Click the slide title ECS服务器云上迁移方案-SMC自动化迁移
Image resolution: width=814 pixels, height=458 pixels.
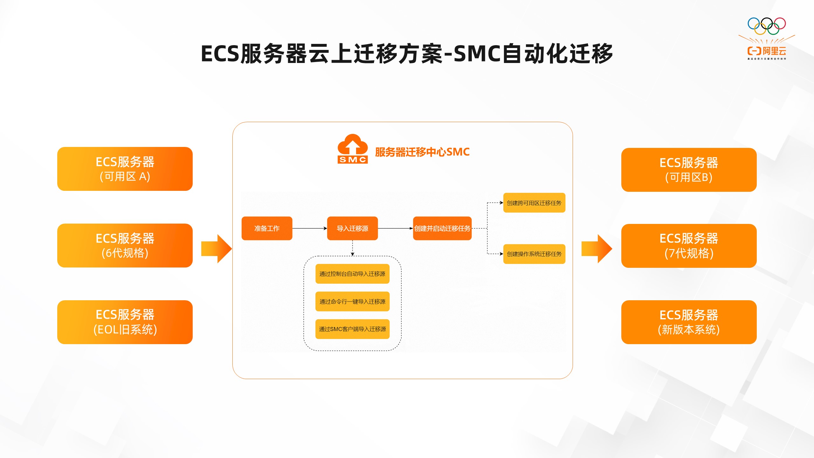tap(407, 54)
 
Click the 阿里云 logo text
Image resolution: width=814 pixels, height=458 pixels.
tap(774, 51)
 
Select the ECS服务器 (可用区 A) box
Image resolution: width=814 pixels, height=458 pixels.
tap(125, 169)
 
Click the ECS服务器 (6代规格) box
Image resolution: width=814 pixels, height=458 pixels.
tap(125, 246)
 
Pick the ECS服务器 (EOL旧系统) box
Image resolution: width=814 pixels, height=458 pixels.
tap(125, 322)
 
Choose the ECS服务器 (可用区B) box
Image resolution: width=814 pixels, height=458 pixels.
tap(689, 170)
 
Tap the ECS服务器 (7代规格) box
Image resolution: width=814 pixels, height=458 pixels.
tap(689, 246)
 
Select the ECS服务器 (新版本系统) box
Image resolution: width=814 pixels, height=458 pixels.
tap(689, 322)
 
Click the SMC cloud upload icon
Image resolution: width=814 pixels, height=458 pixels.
tap(353, 149)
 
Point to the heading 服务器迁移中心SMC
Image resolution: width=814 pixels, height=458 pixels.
tap(422, 152)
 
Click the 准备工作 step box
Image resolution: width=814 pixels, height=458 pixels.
tap(267, 228)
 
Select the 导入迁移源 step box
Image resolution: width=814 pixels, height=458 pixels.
tap(352, 228)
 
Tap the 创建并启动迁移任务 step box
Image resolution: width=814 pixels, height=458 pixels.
tap(442, 228)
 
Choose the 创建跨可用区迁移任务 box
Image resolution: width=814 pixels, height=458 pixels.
tap(534, 203)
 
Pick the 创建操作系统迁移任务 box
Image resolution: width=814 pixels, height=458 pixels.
tap(534, 254)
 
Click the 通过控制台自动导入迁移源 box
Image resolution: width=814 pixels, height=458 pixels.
tap(352, 274)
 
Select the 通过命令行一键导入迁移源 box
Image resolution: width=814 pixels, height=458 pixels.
tap(352, 301)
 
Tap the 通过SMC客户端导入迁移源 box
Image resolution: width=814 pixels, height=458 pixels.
tap(352, 329)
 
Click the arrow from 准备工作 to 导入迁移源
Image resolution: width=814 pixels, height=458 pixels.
tap(309, 228)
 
